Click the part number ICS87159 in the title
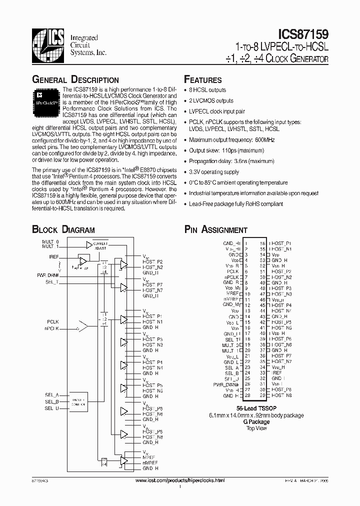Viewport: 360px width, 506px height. pos(301,35)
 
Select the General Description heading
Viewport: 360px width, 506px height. pos(75,80)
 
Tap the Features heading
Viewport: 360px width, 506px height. pos(202,80)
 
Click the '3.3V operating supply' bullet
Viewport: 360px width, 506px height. pos(214,172)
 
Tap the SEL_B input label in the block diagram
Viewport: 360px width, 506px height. pos(52,401)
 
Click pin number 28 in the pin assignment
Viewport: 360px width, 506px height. pos(247,395)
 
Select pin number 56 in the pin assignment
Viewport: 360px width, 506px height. pos(262,243)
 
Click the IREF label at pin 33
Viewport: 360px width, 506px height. pos(276,372)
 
